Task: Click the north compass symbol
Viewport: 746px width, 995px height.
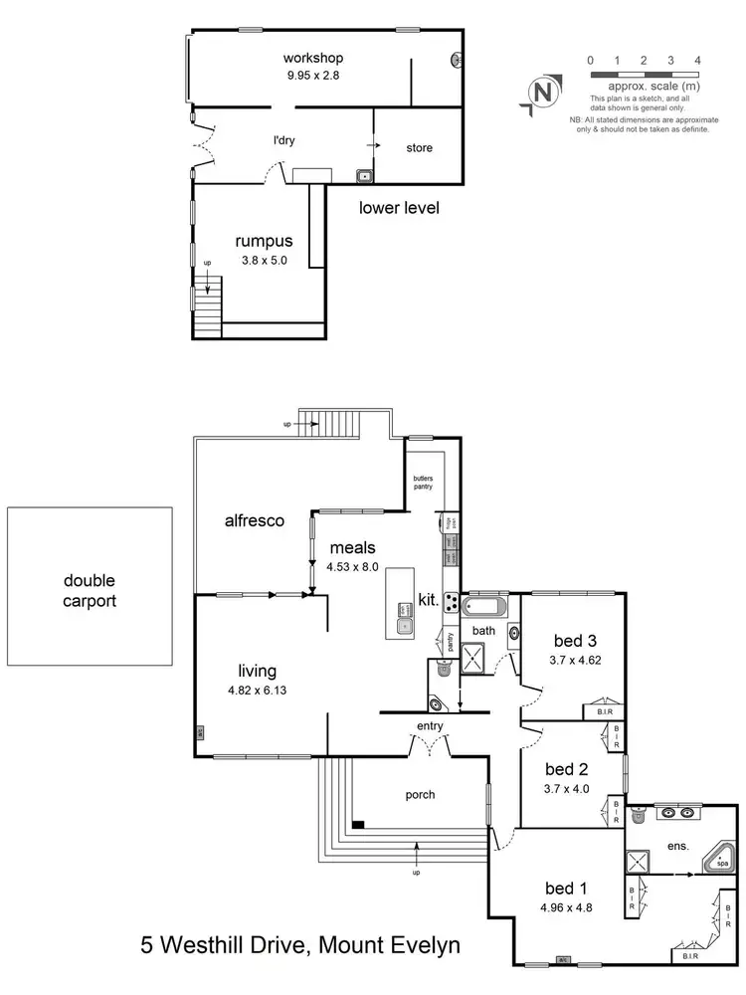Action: point(542,93)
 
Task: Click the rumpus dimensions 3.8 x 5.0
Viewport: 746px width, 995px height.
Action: point(264,261)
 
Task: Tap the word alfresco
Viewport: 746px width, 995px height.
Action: point(255,519)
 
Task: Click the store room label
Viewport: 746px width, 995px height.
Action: point(419,148)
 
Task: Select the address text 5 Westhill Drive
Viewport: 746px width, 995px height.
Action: point(226,944)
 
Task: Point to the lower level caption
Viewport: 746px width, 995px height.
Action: point(398,209)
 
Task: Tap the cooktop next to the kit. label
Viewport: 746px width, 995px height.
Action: point(450,601)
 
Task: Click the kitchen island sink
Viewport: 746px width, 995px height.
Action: point(405,626)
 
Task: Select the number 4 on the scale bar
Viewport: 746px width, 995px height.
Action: point(697,61)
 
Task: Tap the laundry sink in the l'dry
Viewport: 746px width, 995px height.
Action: point(365,177)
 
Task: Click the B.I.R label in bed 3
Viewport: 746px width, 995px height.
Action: point(603,711)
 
